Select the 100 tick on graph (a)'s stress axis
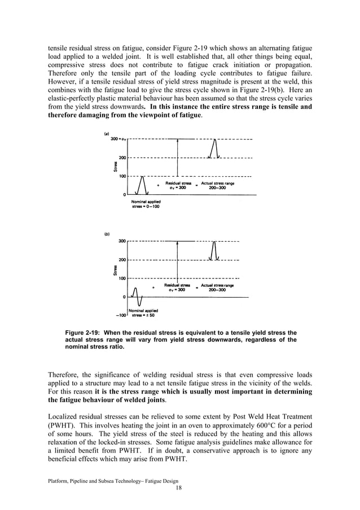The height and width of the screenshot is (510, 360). click(x=121, y=176)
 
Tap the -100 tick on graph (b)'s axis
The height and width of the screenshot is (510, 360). click(x=119, y=315)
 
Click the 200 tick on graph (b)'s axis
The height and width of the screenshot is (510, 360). click(x=122, y=260)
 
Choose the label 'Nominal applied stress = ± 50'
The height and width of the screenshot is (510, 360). click(x=143, y=313)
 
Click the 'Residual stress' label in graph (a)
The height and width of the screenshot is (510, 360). click(x=178, y=183)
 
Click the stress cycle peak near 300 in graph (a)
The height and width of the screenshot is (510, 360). click(x=213, y=141)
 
